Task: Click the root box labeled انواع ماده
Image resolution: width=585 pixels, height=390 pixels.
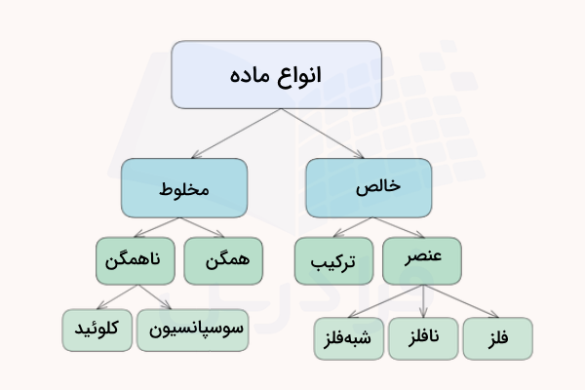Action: coord(277,74)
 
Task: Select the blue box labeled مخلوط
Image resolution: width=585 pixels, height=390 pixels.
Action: coord(184,187)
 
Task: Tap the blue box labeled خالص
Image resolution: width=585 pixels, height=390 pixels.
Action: coord(369,187)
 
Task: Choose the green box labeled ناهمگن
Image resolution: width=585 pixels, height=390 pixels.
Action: coord(136,260)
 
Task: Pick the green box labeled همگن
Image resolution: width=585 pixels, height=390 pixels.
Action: coord(222,260)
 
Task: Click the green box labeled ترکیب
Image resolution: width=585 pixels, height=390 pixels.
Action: coord(332,261)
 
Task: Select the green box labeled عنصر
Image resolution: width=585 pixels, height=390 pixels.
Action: coord(422,260)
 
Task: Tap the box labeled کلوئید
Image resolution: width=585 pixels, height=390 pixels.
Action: coord(97,330)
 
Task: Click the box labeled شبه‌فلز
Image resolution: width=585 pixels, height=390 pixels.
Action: coord(347,338)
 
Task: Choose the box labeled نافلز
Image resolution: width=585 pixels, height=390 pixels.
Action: coord(421,338)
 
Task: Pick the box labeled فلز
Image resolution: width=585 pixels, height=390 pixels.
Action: coord(497,338)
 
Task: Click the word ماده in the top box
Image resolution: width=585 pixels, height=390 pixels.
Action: coord(252,75)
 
